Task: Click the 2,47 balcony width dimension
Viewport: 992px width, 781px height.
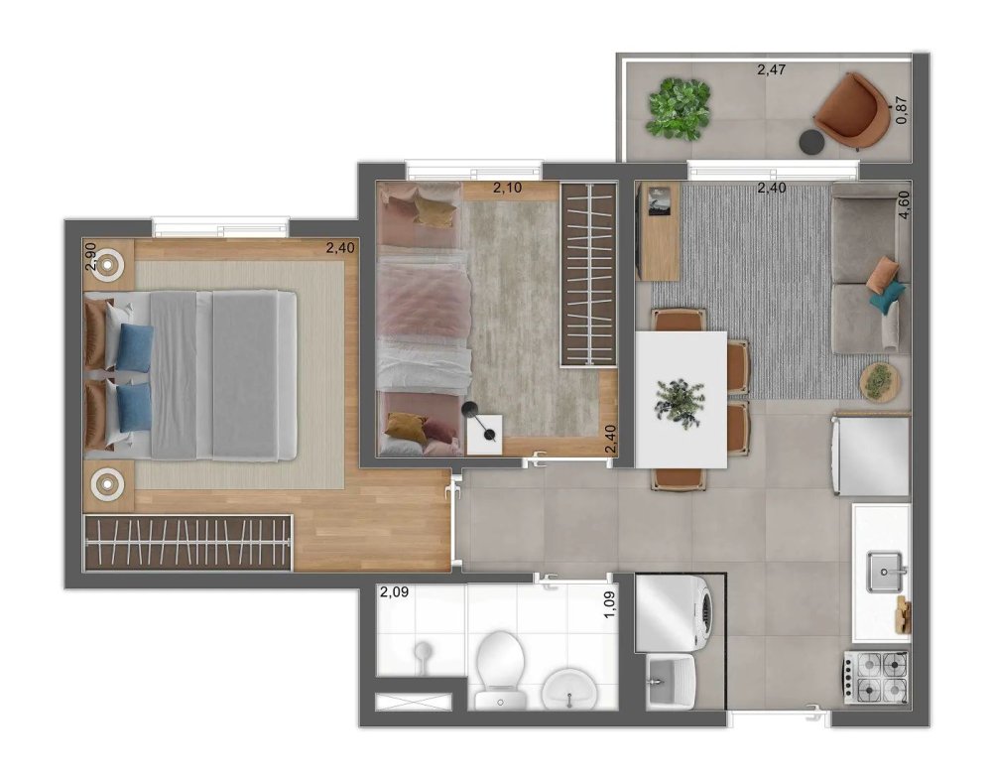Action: (x=771, y=69)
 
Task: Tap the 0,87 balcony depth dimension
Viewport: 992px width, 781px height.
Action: (x=902, y=110)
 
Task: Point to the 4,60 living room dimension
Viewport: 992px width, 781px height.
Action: (x=904, y=204)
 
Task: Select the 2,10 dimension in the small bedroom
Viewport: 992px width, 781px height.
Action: (x=507, y=188)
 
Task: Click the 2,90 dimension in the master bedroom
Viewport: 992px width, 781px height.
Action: (x=90, y=257)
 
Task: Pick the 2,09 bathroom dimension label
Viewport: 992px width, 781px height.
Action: (x=394, y=592)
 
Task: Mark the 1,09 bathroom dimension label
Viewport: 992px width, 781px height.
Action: (x=610, y=605)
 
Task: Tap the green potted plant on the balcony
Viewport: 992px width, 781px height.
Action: (x=679, y=108)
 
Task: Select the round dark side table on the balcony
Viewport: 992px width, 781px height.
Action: (x=811, y=141)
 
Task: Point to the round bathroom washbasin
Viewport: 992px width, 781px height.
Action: (x=568, y=690)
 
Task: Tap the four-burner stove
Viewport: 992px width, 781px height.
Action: (x=876, y=677)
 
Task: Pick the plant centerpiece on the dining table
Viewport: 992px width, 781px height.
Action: (x=681, y=403)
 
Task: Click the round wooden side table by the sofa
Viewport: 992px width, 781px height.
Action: (x=879, y=382)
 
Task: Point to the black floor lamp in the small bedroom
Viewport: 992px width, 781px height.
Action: (x=479, y=420)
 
